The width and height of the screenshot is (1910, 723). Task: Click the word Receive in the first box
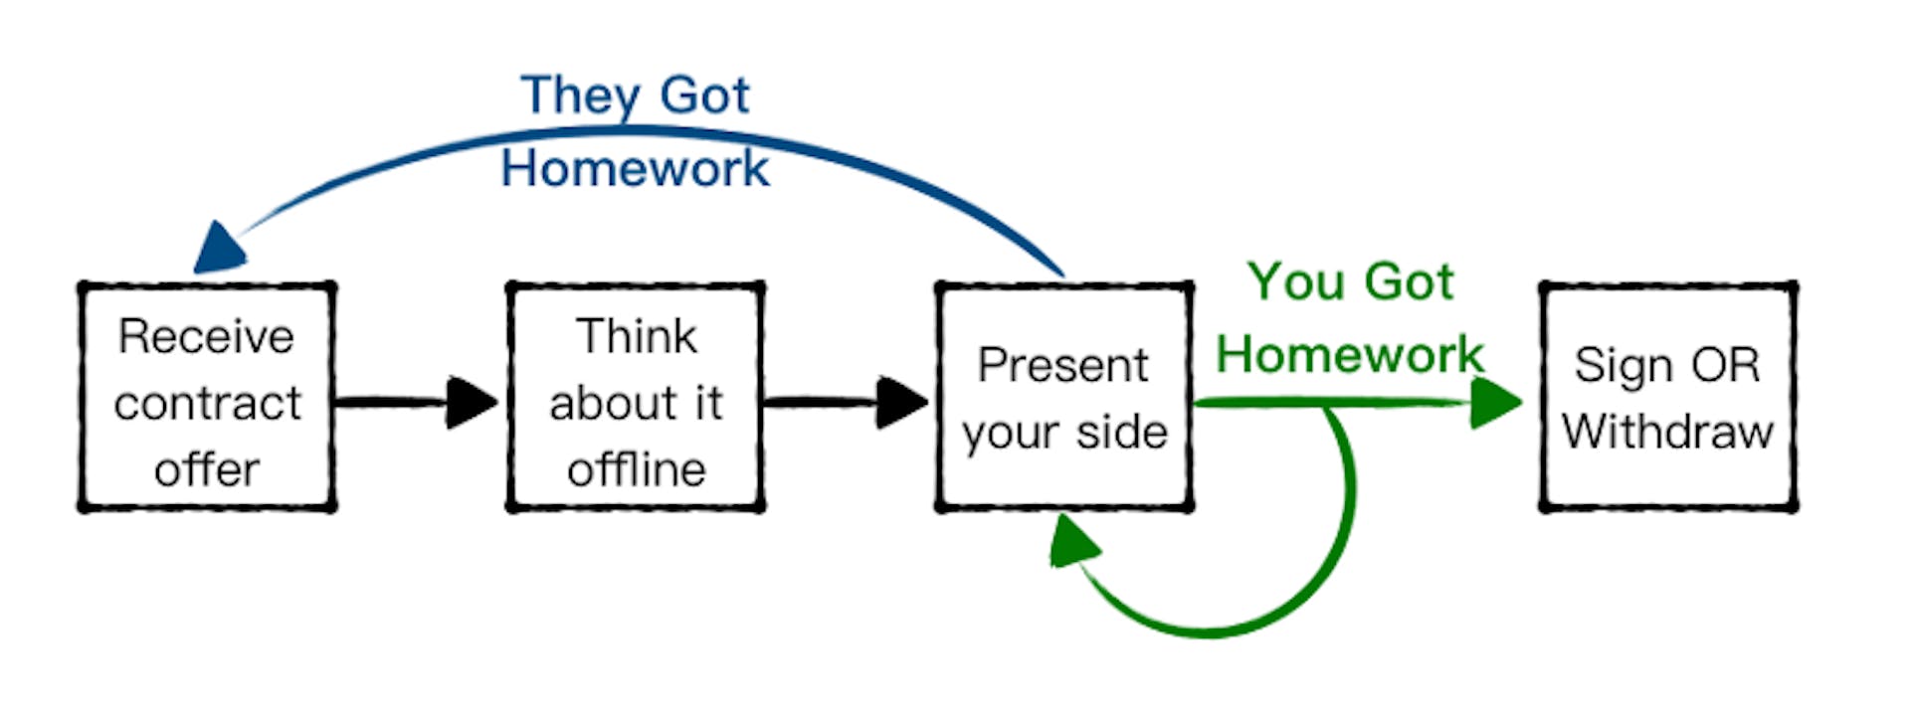[206, 336]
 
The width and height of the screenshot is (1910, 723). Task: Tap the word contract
[207, 403]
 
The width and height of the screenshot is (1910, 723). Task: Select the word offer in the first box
[207, 468]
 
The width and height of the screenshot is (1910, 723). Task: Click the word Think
[637, 336]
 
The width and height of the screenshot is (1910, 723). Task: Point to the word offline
[637, 468]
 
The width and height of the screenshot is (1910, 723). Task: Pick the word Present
[1062, 365]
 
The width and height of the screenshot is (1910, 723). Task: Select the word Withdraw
[1667, 432]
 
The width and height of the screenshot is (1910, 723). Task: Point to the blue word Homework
[635, 168]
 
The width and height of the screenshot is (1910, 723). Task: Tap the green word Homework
[1350, 354]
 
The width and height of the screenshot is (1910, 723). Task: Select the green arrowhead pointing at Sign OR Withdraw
[1495, 403]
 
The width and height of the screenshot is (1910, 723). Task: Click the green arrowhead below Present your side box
[1073, 542]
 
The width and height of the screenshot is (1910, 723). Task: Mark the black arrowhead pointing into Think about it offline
[472, 403]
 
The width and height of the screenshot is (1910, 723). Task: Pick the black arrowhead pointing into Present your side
[901, 403]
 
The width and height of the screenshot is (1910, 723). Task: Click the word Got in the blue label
[704, 95]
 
